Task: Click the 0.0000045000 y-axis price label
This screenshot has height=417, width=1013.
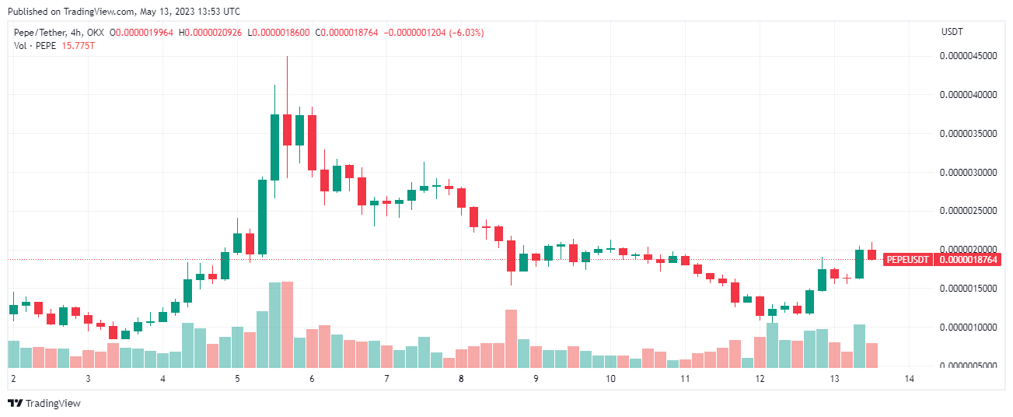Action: pyautogui.click(x=968, y=56)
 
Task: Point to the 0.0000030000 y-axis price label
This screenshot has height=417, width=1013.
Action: pyautogui.click(x=968, y=172)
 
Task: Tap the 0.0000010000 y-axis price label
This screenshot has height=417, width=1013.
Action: pyautogui.click(x=968, y=327)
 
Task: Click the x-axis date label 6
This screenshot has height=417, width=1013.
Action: pyautogui.click(x=312, y=379)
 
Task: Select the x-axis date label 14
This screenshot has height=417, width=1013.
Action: pyautogui.click(x=909, y=379)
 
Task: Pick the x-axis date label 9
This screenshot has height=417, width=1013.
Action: pyautogui.click(x=536, y=379)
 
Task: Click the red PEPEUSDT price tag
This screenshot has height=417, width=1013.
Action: pyautogui.click(x=908, y=260)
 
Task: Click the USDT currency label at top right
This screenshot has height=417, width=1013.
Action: pyautogui.click(x=952, y=32)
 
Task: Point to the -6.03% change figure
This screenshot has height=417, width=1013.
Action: pyautogui.click(x=465, y=33)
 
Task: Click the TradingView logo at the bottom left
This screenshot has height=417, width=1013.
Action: pyautogui.click(x=44, y=403)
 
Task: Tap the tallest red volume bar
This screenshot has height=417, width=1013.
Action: pyautogui.click(x=287, y=324)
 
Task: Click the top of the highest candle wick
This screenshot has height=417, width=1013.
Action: pyautogui.click(x=287, y=57)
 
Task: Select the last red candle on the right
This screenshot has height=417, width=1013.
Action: pyautogui.click(x=872, y=254)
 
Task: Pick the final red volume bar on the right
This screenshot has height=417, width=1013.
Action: pyautogui.click(x=872, y=355)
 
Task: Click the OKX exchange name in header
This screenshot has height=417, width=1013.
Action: pyautogui.click(x=94, y=33)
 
